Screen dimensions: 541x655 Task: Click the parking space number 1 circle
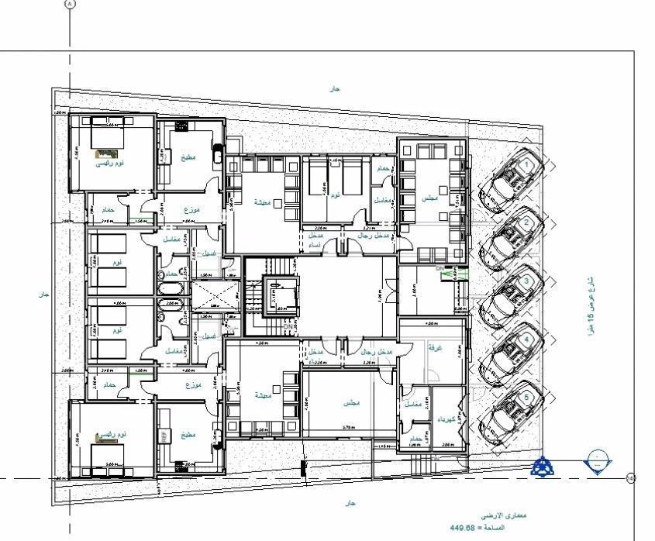[x=527, y=165]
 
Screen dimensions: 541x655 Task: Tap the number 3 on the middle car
[x=527, y=281]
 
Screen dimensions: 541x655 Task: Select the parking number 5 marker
[x=528, y=397]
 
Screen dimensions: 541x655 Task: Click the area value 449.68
[x=463, y=528]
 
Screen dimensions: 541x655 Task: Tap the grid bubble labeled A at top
[x=70, y=4]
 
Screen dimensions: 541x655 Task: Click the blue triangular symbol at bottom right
[x=543, y=466]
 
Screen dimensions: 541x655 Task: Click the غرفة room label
[x=434, y=348]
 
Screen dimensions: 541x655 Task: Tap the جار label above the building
[x=335, y=89]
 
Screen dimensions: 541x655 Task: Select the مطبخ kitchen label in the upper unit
[x=188, y=158]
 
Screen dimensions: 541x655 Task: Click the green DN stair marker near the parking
[x=441, y=268]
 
